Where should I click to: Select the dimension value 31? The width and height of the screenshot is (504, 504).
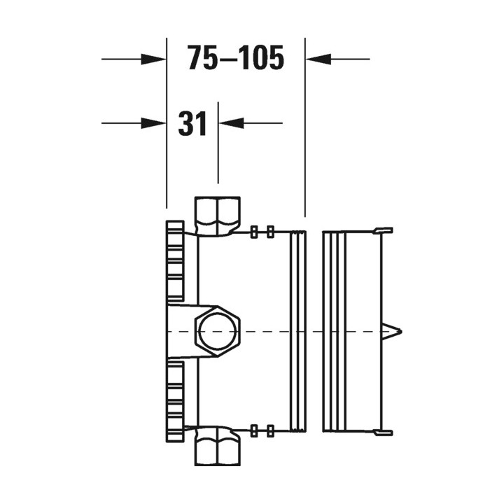pyautogui.click(x=192, y=124)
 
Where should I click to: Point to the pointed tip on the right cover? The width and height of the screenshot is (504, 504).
pyautogui.click(x=398, y=330)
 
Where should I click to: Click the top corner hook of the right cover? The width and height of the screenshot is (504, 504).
pyautogui.click(x=384, y=230)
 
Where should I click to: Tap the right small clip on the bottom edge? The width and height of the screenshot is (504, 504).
pyautogui.click(x=269, y=430)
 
